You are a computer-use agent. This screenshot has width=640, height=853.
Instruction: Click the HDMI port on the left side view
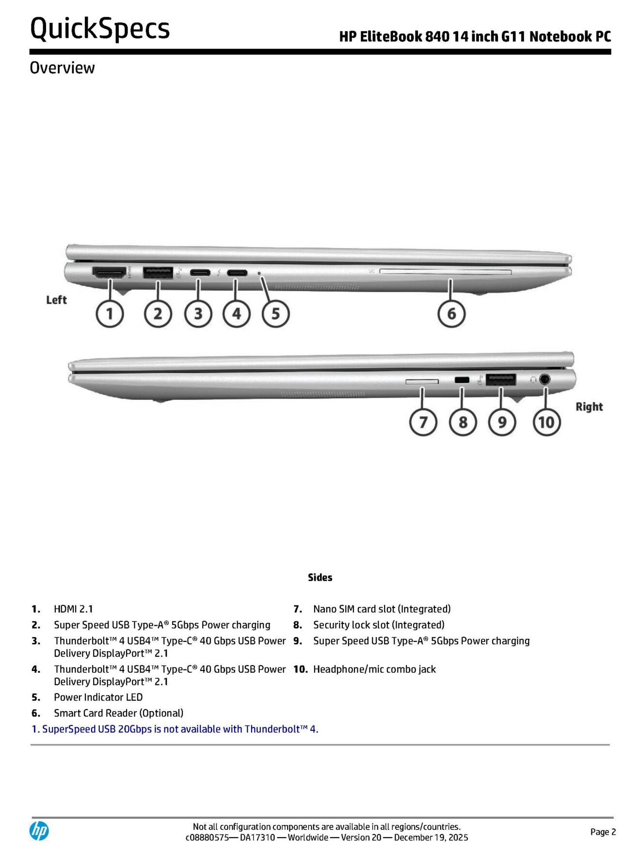(109, 273)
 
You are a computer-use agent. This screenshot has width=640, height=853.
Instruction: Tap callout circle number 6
(451, 313)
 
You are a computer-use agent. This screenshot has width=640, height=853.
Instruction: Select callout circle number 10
(546, 422)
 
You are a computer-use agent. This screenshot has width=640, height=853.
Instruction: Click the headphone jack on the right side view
(545, 379)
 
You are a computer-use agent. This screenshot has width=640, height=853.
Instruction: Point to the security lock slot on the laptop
(462, 380)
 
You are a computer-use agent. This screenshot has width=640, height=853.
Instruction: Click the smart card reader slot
(445, 272)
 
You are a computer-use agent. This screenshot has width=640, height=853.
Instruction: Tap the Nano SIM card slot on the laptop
(422, 382)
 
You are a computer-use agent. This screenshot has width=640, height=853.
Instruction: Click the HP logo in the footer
(39, 831)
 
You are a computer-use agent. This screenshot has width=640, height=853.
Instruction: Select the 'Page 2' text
(603, 832)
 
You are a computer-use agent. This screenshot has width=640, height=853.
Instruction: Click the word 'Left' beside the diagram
(56, 300)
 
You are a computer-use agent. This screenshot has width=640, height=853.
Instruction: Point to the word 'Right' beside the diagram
(589, 407)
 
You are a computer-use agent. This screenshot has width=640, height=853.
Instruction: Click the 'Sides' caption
(320, 577)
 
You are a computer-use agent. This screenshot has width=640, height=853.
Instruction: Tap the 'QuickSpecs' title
(100, 28)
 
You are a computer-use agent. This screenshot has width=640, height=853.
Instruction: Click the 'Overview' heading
(62, 68)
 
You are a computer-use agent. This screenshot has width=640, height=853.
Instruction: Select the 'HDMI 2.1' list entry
(73, 609)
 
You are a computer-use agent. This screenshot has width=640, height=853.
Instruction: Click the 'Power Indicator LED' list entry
(98, 697)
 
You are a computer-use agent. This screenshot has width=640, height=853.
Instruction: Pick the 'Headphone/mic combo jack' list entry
(374, 669)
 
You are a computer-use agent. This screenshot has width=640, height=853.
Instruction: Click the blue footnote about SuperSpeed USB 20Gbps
(175, 729)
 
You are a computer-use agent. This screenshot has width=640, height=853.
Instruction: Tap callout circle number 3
(198, 313)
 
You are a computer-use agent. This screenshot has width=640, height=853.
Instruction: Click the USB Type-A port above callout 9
(500, 380)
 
